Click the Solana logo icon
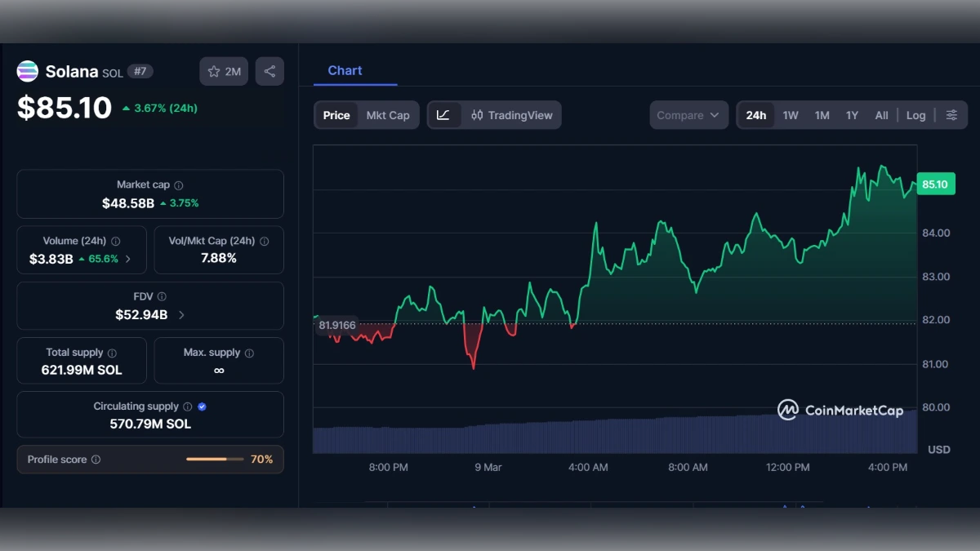click(28, 72)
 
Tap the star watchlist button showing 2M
click(224, 72)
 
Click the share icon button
click(269, 72)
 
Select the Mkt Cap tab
click(388, 115)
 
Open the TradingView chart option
click(512, 115)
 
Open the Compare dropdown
click(688, 115)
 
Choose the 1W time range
click(791, 115)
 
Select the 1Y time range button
click(852, 115)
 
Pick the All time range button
click(881, 115)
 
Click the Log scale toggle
click(915, 115)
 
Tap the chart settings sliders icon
click(951, 115)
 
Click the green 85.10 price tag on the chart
click(934, 184)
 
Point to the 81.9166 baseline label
click(337, 325)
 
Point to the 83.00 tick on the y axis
click(935, 277)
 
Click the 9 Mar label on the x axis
click(488, 468)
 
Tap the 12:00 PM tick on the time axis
click(788, 468)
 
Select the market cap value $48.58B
click(128, 203)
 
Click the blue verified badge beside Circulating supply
click(202, 407)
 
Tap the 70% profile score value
click(261, 460)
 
